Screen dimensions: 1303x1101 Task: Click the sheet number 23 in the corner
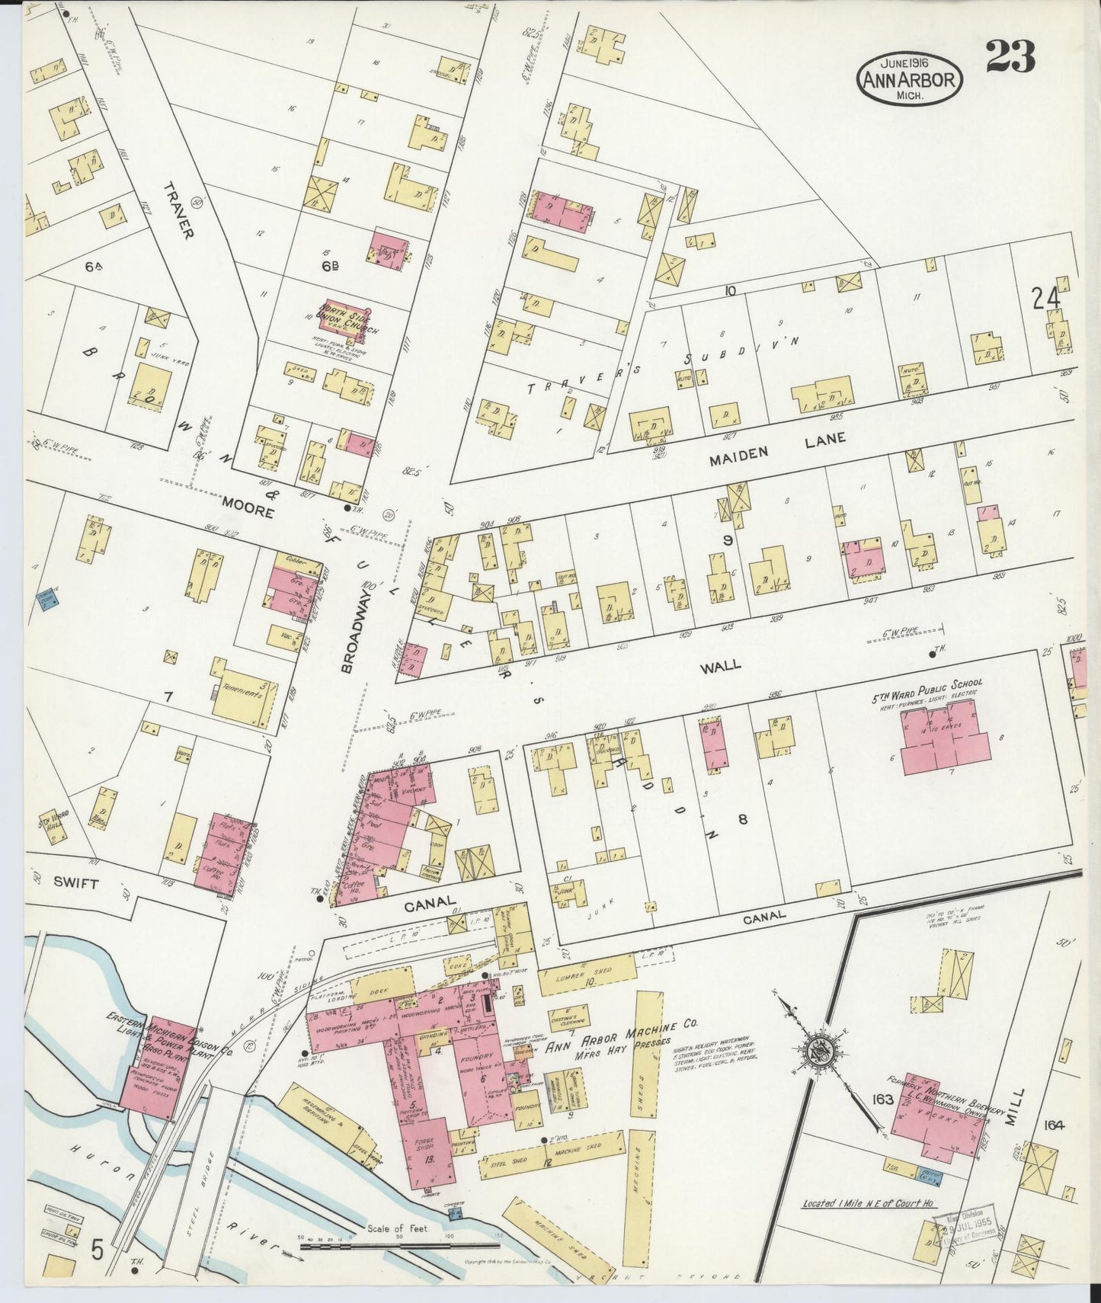click(x=1010, y=56)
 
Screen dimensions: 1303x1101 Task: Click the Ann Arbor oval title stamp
click(x=909, y=78)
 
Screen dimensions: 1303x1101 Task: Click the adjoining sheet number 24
click(x=1047, y=298)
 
